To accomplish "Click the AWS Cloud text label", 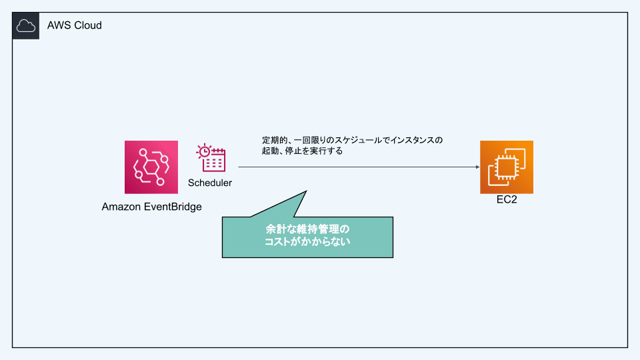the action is coord(74,25).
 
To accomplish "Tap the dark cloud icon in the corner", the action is coord(26,26).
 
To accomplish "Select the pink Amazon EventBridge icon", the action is coord(151,167).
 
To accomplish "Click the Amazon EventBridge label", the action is coord(151,207).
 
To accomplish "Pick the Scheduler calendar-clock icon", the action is coord(211,157).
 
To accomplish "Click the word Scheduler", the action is coord(210,183).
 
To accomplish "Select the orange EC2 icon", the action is coord(507,167).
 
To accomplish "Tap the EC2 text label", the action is coord(507,199).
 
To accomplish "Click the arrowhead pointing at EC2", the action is coord(478,167).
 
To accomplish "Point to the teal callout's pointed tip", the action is coord(306,191).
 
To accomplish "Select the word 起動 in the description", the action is coord(270,151).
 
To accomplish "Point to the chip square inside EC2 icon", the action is coord(506,167).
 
